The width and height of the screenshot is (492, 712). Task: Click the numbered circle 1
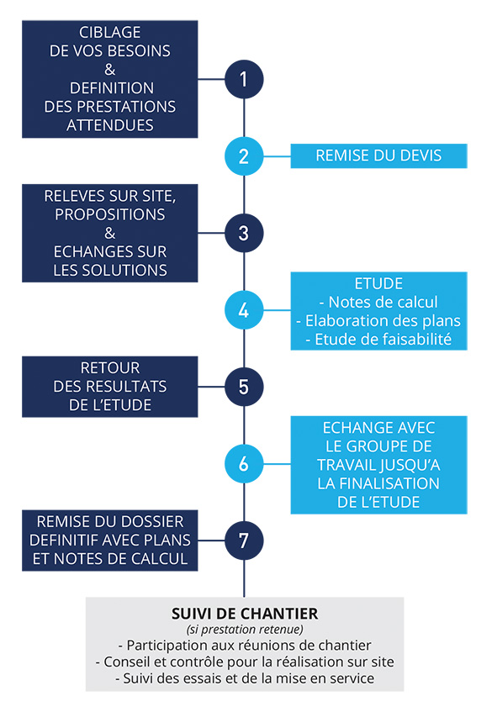pos(244,80)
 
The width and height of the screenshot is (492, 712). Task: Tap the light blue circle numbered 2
pos(244,156)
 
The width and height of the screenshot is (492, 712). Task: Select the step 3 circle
pos(244,233)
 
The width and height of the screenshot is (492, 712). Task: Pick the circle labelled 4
pos(244,310)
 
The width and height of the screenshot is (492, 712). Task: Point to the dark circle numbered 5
pos(244,387)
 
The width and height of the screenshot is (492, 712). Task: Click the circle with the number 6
pos(244,464)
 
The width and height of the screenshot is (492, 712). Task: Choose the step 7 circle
pos(244,541)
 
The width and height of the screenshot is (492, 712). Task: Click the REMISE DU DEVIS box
pos(378,156)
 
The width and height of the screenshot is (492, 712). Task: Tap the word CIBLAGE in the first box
pos(110,32)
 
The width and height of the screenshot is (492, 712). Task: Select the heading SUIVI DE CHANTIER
pos(245,614)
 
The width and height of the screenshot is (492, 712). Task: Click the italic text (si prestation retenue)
pos(245,630)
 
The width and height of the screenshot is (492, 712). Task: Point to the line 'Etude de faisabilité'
pos(378,340)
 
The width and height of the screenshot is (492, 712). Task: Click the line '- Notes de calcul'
pos(378,302)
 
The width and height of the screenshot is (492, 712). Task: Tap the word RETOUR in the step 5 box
pos(110,368)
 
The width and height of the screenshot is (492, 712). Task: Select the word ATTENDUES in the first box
pos(110,125)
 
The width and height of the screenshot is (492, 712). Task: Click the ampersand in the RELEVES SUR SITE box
pos(110,233)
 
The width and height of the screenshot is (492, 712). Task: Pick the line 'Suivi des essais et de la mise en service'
pos(246,678)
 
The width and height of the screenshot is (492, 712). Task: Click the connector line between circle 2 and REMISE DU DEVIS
pos(278,156)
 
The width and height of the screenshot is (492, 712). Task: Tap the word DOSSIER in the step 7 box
pos(155,521)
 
